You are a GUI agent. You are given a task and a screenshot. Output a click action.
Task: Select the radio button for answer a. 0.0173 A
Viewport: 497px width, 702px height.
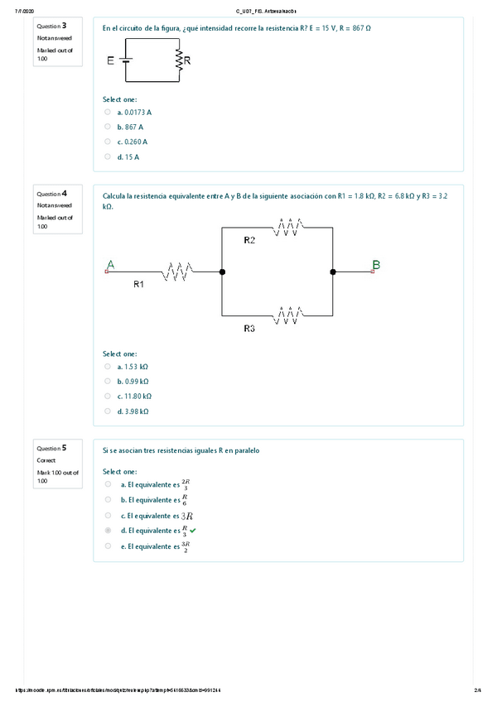[108, 112]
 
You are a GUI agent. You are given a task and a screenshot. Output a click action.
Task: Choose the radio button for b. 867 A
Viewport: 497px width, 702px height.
[108, 127]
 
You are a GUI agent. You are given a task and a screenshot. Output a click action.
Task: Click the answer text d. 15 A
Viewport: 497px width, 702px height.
[128, 156]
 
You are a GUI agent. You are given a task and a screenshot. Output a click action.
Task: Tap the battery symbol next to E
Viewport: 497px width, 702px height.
[126, 60]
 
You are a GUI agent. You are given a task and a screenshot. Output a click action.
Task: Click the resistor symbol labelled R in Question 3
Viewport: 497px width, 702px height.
[178, 60]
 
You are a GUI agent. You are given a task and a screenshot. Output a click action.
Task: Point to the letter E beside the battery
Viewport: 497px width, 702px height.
[111, 60]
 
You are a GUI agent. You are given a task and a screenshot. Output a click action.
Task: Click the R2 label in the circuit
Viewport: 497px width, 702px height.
[249, 240]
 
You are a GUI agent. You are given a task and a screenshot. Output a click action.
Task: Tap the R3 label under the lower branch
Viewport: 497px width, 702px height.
[249, 329]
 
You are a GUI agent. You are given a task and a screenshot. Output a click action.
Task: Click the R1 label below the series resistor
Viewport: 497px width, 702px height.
[139, 284]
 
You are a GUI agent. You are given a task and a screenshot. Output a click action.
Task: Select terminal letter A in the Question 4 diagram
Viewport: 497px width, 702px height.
[110, 264]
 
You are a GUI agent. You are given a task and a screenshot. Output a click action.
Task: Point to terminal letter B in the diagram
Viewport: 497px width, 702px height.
[376, 264]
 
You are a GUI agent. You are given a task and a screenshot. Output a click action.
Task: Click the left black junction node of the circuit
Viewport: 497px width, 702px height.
[222, 271]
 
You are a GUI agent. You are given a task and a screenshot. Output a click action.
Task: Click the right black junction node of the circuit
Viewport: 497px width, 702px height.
[333, 271]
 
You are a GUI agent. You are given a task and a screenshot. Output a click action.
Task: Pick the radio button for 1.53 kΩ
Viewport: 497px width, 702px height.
[108, 366]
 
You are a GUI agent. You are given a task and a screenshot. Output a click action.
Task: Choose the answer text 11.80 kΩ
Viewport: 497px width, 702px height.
[133, 396]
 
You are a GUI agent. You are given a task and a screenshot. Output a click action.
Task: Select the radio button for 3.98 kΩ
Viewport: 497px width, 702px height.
[108, 411]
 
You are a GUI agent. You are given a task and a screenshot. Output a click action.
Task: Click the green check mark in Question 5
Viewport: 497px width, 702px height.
[193, 530]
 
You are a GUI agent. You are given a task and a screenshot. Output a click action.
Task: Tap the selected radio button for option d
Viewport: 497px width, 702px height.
[108, 531]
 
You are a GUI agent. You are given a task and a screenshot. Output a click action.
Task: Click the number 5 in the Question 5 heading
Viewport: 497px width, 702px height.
[65, 448]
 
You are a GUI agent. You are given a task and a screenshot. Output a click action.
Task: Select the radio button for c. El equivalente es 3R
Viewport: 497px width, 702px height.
[108, 515]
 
